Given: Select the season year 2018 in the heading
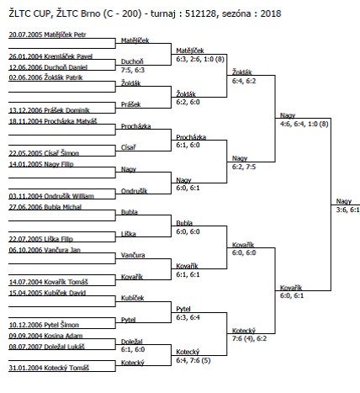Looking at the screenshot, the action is point(271,13).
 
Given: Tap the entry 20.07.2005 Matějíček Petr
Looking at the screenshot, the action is point(47,35).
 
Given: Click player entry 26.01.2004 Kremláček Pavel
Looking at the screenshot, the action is point(50,56).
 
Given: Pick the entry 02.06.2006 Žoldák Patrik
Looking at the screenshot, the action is point(45,77).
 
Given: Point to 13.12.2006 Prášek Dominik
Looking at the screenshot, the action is point(49,110).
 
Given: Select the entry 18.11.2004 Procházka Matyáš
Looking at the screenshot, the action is point(53,121).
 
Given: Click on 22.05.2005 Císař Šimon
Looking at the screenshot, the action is point(44,153).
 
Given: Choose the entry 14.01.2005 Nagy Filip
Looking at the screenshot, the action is point(41,164).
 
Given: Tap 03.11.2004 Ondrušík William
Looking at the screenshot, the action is point(51,196).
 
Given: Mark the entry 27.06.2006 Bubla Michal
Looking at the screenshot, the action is point(45,207).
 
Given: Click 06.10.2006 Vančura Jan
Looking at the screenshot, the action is point(45,250).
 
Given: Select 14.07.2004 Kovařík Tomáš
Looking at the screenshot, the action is point(49,282).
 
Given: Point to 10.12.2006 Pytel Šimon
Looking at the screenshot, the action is point(44,325).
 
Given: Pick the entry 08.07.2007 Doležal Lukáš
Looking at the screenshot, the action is point(46,347).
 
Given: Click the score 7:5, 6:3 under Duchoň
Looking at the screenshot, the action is point(133,70).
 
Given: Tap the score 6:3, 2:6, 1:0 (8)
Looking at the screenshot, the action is point(200,59).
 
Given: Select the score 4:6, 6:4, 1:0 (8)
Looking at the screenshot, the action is point(304,124).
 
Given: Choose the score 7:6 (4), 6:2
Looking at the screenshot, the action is point(249,338).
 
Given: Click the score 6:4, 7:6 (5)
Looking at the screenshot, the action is point(193,360).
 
